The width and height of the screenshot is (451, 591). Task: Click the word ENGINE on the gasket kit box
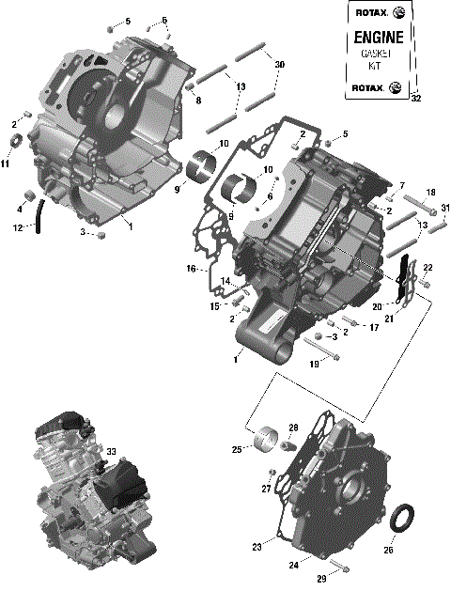[377, 39]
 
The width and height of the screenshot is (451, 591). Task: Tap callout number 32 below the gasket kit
[416, 98]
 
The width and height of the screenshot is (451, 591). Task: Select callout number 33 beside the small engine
[111, 453]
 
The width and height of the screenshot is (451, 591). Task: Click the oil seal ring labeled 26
[404, 518]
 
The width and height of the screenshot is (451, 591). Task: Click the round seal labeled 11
[16, 143]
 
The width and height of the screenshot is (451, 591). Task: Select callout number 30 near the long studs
[279, 64]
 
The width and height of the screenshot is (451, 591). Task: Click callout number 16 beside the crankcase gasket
[191, 270]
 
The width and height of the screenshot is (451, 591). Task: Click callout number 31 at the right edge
[445, 208]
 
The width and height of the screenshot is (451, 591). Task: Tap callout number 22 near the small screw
[428, 268]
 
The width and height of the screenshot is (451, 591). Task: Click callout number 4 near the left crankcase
[18, 209]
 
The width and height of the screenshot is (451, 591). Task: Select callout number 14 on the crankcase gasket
[225, 281]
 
